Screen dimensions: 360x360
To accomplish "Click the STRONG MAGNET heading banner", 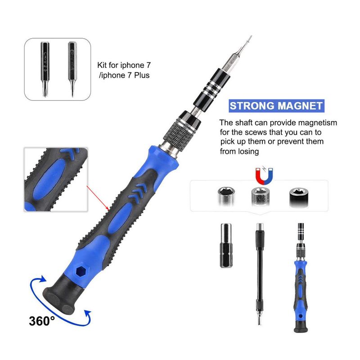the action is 276,106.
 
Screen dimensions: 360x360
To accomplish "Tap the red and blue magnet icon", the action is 264,175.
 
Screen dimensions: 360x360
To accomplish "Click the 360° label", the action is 42,321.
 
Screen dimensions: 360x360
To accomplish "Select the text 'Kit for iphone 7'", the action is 124,65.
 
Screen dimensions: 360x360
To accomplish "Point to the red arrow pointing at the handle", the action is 98,198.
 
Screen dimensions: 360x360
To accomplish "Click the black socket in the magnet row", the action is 298,197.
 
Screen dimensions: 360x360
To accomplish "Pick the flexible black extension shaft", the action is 260,274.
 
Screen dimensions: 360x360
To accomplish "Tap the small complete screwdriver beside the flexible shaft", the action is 301,278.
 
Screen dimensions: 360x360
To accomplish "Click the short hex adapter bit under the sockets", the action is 226,245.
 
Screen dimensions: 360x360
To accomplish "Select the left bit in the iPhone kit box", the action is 45,69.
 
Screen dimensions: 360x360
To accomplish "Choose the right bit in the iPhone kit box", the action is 72,69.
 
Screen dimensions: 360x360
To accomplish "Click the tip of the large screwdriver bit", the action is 251,37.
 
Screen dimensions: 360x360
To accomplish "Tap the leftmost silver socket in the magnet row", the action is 226,197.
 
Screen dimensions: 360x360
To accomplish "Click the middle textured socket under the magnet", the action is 260,197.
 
